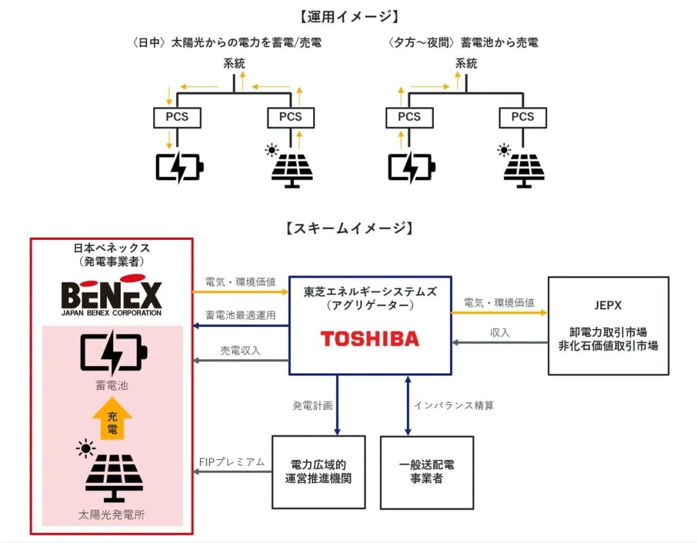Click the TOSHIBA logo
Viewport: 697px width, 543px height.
tap(370, 339)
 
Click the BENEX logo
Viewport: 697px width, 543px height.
tap(112, 295)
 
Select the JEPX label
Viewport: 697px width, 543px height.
tap(608, 305)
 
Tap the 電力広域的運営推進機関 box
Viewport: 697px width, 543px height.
tap(319, 472)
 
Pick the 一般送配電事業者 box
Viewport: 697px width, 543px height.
tap(427, 472)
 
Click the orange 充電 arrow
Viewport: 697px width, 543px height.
tap(112, 418)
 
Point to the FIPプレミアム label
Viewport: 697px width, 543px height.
tap(232, 462)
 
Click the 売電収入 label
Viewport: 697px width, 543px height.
tap(240, 351)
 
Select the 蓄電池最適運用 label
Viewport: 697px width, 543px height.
tap(240, 315)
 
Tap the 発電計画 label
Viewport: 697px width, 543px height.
tap(312, 405)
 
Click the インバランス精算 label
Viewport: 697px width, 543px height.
tap(454, 405)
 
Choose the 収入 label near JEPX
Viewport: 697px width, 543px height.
tap(500, 332)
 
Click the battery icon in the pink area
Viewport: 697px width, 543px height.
tap(114, 352)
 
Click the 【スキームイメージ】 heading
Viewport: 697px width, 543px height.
tap(349, 228)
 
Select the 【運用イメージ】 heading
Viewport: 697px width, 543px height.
tap(349, 16)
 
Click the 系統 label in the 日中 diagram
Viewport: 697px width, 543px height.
tap(234, 63)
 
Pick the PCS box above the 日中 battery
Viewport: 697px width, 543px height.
tap(178, 117)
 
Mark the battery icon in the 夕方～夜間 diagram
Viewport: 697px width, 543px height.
tap(412, 168)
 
